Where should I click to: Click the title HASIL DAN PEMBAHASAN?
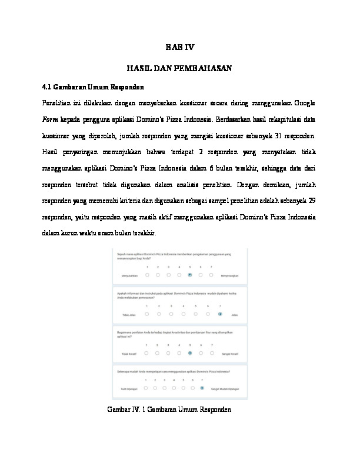point(180,69)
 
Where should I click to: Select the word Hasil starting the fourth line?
point(51,150)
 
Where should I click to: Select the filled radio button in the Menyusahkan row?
point(190,275)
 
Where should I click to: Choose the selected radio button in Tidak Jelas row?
point(220,315)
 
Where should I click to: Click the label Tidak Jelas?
point(128,315)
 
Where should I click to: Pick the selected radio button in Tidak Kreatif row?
point(190,354)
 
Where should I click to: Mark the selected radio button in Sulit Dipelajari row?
point(202,388)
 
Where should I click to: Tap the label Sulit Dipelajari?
point(130,388)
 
